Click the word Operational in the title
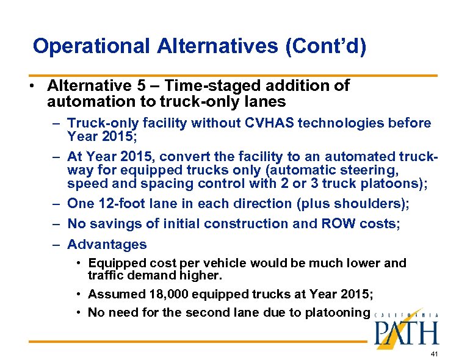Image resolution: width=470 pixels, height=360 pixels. click(91, 46)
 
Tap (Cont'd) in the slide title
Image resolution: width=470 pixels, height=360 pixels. click(325, 46)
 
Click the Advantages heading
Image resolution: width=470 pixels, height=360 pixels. click(107, 245)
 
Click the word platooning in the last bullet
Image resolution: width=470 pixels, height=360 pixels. click(339, 313)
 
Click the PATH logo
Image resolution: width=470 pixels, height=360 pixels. click(405, 329)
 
